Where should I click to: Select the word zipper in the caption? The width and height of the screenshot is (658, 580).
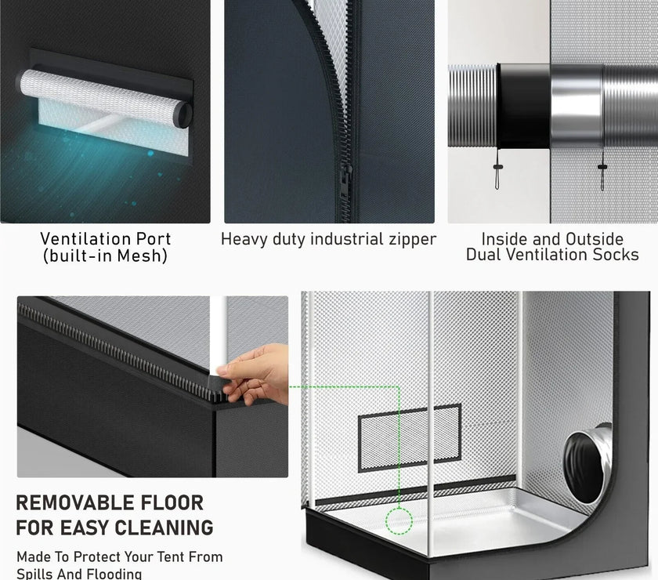coord(412,239)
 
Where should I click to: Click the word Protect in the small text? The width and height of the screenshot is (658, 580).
coord(97,557)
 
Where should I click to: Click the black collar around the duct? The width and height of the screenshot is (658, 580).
coord(524,107)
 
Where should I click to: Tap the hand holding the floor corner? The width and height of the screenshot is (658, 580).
coord(254,373)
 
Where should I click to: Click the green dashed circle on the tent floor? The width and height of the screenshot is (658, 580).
coord(399,520)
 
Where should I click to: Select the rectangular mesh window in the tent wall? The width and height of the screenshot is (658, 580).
coord(410,438)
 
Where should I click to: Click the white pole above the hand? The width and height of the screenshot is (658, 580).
coord(219,332)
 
